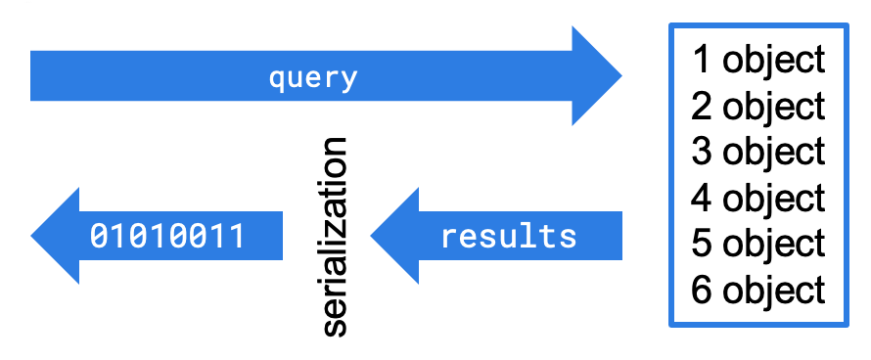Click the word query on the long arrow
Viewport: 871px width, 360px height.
313,77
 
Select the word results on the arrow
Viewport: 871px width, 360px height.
509,236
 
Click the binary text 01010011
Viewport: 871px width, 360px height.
166,236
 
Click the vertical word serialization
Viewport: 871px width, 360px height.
334,237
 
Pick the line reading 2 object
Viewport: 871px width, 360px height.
758,105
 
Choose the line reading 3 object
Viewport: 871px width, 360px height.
758,152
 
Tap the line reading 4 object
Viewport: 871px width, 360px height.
758,198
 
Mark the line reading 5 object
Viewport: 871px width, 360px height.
758,244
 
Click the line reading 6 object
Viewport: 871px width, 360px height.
758,290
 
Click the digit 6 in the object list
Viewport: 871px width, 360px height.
702,290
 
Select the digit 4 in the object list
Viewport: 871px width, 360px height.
702,198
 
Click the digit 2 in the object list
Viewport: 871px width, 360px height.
702,105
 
